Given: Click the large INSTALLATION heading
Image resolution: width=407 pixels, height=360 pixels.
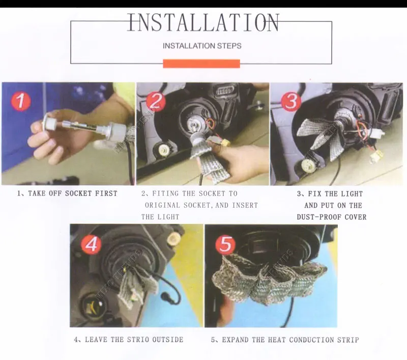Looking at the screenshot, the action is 203,22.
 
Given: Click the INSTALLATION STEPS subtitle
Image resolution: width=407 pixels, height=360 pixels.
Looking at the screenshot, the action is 202,46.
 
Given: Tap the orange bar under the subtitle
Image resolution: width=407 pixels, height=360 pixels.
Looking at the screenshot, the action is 201,64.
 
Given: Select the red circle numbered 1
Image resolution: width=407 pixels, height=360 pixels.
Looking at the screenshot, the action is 21,101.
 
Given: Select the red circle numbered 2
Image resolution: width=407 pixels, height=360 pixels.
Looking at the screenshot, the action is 156,101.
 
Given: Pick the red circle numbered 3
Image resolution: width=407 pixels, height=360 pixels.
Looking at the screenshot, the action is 291,101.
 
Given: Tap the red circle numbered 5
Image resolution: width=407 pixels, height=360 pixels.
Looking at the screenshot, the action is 226,245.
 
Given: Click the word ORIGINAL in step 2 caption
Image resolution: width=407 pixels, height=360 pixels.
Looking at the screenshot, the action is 162,205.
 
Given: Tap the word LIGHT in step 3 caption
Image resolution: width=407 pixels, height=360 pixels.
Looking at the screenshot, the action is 352,194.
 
